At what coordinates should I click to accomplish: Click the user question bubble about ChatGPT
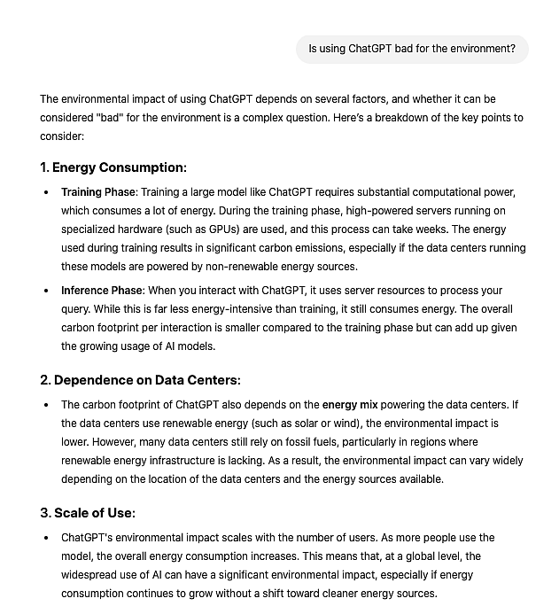412,49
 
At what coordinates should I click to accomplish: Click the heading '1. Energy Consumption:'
113,167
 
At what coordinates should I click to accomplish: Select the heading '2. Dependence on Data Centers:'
140,380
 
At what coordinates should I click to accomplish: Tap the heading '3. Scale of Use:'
88,513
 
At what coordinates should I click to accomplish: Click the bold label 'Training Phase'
98,192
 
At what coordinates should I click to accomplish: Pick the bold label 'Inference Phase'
102,291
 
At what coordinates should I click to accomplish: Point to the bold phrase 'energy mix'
352,405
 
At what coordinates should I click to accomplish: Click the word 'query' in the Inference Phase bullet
76,309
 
